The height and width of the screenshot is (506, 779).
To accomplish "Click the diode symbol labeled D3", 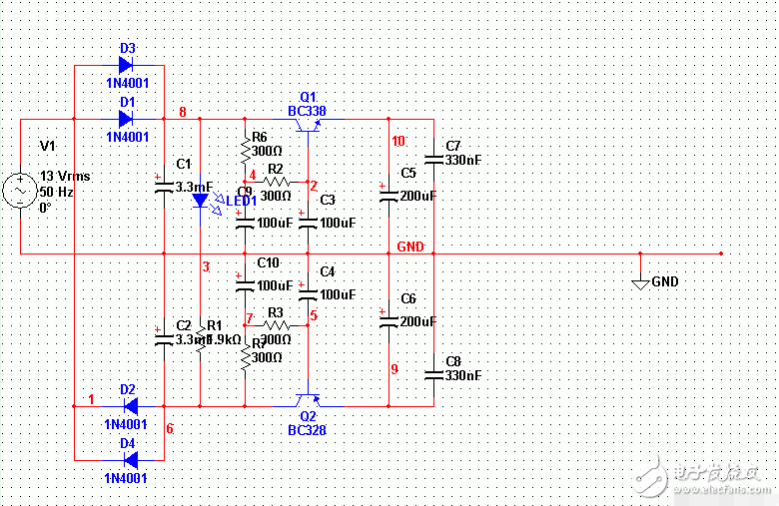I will tap(126, 65).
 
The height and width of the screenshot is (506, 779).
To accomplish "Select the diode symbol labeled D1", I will tap(126, 119).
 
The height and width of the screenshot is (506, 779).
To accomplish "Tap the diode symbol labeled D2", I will tap(129, 406).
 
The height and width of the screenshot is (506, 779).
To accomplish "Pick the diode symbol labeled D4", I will tap(129, 460).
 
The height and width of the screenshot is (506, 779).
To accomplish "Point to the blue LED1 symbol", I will tap(200, 200).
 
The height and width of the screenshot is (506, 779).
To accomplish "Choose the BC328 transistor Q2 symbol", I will tap(307, 400).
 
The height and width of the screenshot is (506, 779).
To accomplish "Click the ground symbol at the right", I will tap(641, 283).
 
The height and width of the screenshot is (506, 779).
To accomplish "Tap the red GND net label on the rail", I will tap(410, 246).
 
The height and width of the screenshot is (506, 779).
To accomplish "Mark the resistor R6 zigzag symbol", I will tap(244, 151).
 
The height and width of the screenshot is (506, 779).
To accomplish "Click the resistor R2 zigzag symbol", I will tap(276, 182).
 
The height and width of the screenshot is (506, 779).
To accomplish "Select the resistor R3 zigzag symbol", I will tap(276, 325).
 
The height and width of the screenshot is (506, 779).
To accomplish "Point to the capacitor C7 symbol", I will tap(433, 159).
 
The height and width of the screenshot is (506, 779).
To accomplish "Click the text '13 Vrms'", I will tap(65, 177).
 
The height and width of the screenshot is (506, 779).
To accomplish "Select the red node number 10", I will tap(398, 142).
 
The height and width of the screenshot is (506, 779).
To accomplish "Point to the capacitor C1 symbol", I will tap(163, 186).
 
